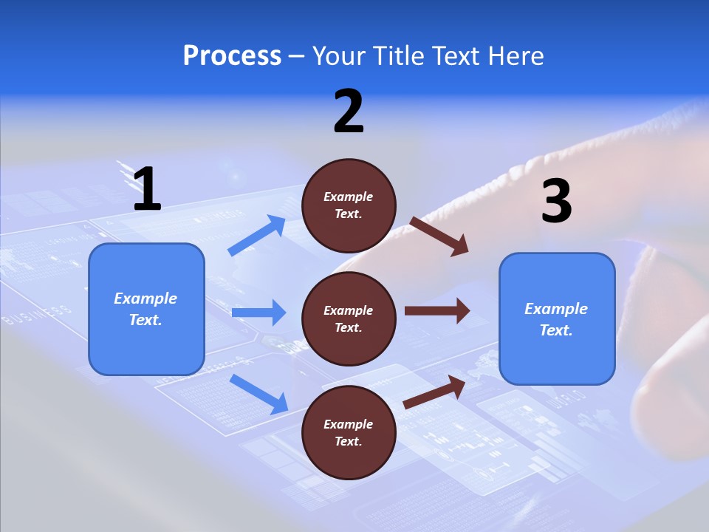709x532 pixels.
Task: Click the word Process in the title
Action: [x=232, y=56]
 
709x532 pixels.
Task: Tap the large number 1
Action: [x=147, y=189]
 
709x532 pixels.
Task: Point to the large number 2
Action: [x=349, y=112]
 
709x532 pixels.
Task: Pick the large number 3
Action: [x=556, y=200]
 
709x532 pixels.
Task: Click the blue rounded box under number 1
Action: [x=146, y=309]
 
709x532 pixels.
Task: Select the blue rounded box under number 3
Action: [x=557, y=318]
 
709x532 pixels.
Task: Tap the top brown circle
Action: [x=349, y=205]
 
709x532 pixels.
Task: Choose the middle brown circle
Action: [x=349, y=318]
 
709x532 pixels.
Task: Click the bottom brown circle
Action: [x=349, y=432]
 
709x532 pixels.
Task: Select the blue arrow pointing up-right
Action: [x=257, y=236]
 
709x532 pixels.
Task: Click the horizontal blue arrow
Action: [x=258, y=313]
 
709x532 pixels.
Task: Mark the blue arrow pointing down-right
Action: [x=258, y=394]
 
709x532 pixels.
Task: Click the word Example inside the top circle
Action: [x=349, y=197]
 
